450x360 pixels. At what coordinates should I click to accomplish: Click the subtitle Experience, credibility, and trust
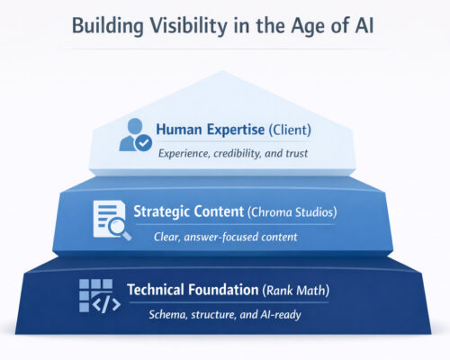click(x=233, y=153)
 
